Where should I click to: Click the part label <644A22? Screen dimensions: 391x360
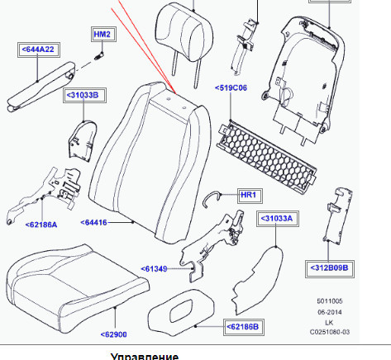pyautogui.click(x=39, y=50)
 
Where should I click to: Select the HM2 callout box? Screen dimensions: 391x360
pyautogui.click(x=103, y=35)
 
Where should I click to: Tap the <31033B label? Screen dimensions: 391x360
pyautogui.click(x=84, y=95)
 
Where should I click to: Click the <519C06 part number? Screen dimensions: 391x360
pyautogui.click(x=231, y=88)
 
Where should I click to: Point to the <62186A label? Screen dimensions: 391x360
pyautogui.click(x=41, y=225)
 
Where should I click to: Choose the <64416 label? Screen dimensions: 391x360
pyautogui.click(x=93, y=222)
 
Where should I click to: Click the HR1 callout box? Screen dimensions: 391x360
pyautogui.click(x=250, y=196)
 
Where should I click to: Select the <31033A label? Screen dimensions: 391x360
pyautogui.click(x=278, y=219)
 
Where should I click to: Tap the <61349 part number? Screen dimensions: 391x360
pyautogui.click(x=154, y=269)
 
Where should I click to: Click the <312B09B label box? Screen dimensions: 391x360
pyautogui.click(x=330, y=268)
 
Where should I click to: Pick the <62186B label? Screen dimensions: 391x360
pyautogui.click(x=244, y=327)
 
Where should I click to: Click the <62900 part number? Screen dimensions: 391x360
pyautogui.click(x=114, y=334)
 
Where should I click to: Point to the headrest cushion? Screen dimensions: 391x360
pyautogui.click(x=184, y=32)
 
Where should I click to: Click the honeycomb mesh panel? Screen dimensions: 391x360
pyautogui.click(x=266, y=157)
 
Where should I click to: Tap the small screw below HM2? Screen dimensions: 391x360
pyautogui.click(x=99, y=56)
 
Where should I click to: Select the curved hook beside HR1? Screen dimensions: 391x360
pyautogui.click(x=212, y=198)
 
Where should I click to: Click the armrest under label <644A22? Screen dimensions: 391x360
pyautogui.click(x=41, y=87)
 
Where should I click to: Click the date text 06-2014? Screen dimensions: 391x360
pyautogui.click(x=330, y=312)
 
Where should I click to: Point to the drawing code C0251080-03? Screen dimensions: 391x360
pyautogui.click(x=330, y=332)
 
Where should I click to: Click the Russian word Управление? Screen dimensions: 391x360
pyautogui.click(x=145, y=356)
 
